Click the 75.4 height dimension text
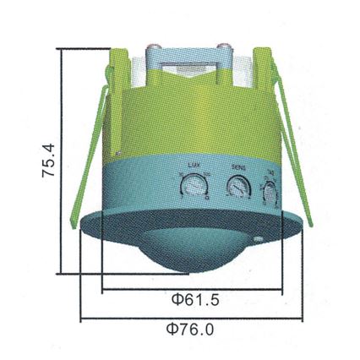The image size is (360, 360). pyautogui.click(x=50, y=161)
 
